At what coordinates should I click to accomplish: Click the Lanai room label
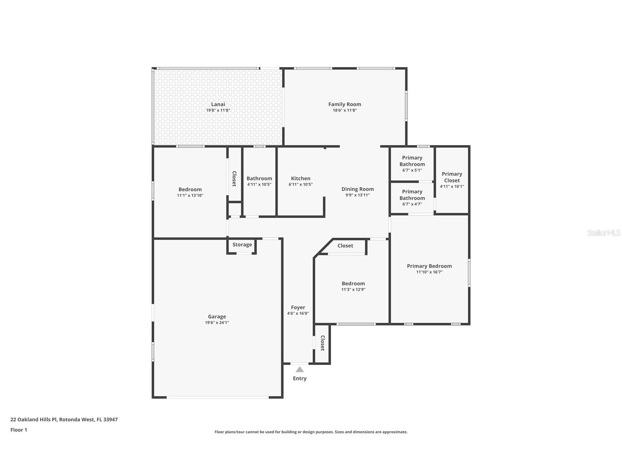pyautogui.click(x=218, y=104)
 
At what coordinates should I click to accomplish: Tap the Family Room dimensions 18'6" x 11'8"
pyautogui.click(x=345, y=110)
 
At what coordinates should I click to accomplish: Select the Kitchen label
pyautogui.click(x=301, y=178)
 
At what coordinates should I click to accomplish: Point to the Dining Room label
pyautogui.click(x=357, y=189)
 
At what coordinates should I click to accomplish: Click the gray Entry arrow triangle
pyautogui.click(x=299, y=369)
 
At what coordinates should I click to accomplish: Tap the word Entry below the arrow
pyautogui.click(x=299, y=378)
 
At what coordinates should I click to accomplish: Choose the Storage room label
pyautogui.click(x=242, y=245)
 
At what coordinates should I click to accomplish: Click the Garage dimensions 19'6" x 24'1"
pyautogui.click(x=217, y=323)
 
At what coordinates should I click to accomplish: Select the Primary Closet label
pyautogui.click(x=452, y=177)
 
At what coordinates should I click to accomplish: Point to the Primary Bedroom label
pyautogui.click(x=429, y=266)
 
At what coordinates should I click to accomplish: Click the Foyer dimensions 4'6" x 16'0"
pyautogui.click(x=298, y=314)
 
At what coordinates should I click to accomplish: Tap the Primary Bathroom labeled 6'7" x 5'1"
pyautogui.click(x=412, y=161)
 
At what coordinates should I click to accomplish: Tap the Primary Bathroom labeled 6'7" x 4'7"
pyautogui.click(x=412, y=195)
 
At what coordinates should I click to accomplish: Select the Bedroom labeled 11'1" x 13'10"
pyautogui.click(x=190, y=189)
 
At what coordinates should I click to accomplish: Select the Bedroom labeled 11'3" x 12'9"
pyautogui.click(x=353, y=284)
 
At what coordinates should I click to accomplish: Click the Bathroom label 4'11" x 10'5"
pyautogui.click(x=259, y=178)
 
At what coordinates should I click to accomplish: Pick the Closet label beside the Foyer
pyautogui.click(x=323, y=343)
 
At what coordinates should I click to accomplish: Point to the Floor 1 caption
pyautogui.click(x=19, y=430)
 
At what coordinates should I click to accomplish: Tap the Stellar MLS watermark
pyautogui.click(x=603, y=233)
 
